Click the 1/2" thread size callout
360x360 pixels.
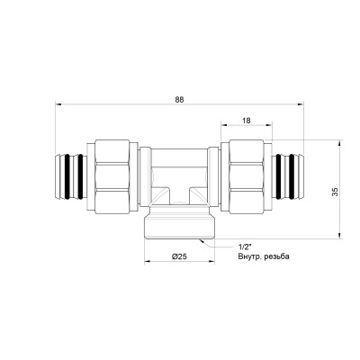click(x=246, y=246)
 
